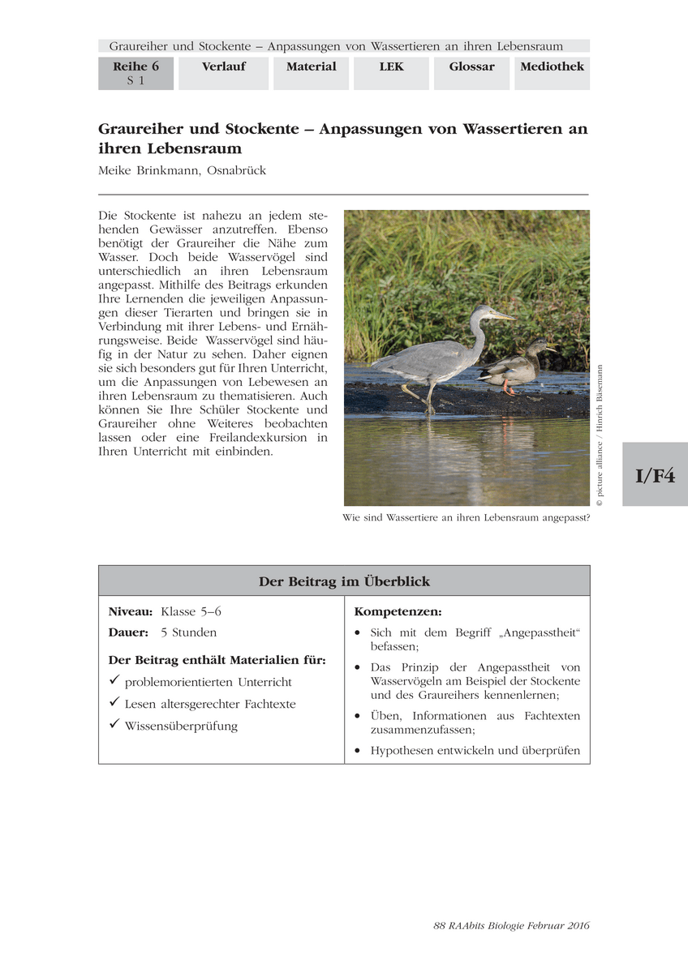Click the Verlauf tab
(223, 67)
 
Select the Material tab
(311, 67)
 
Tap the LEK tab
(391, 67)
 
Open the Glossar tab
(471, 67)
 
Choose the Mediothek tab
(552, 67)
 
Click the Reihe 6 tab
(135, 73)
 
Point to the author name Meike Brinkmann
(182, 170)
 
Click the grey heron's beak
(503, 315)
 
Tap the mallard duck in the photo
(515, 366)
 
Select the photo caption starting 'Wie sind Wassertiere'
(466, 517)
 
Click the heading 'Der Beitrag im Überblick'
(344, 581)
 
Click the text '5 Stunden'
(188, 632)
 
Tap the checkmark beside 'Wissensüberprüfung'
(114, 725)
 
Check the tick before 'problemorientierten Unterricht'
(114, 681)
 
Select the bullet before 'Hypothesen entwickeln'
(358, 751)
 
